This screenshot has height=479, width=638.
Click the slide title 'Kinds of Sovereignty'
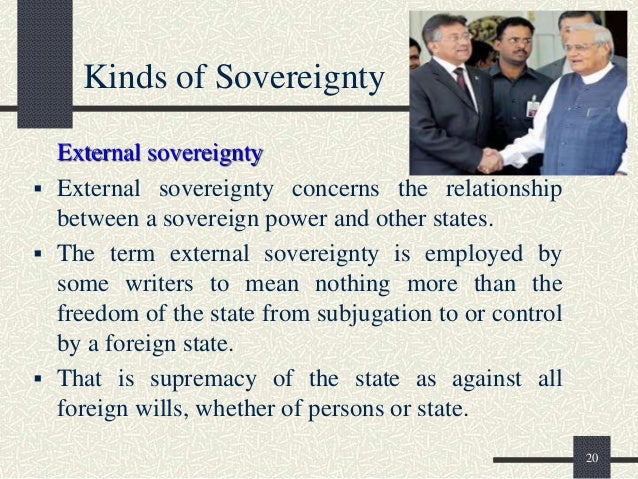point(235,77)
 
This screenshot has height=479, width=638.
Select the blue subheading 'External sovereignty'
point(160,153)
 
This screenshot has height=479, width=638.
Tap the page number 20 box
point(591,458)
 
